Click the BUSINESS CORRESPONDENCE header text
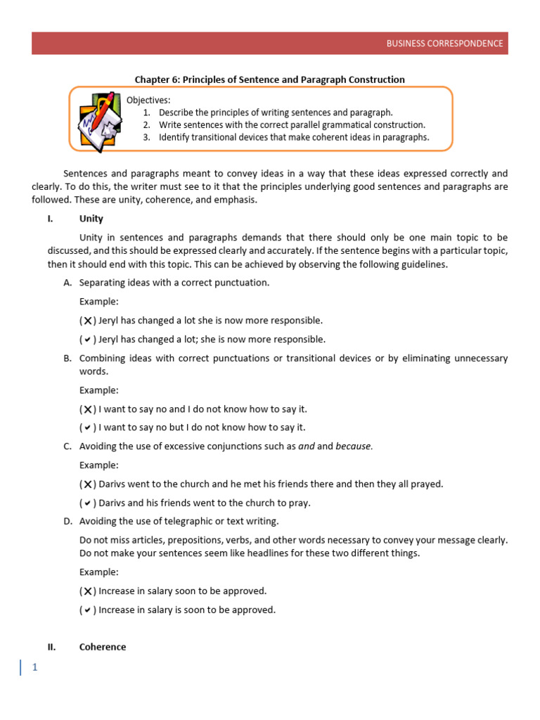444,43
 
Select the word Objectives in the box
148,100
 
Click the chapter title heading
269,79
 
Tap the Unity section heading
91,219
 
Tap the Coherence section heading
103,647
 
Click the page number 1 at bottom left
33,668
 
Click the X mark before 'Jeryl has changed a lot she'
87,321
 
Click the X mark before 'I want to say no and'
87,409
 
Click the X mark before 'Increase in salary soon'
87,591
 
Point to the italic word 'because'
353,446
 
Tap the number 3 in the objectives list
146,137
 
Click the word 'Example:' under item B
99,390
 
